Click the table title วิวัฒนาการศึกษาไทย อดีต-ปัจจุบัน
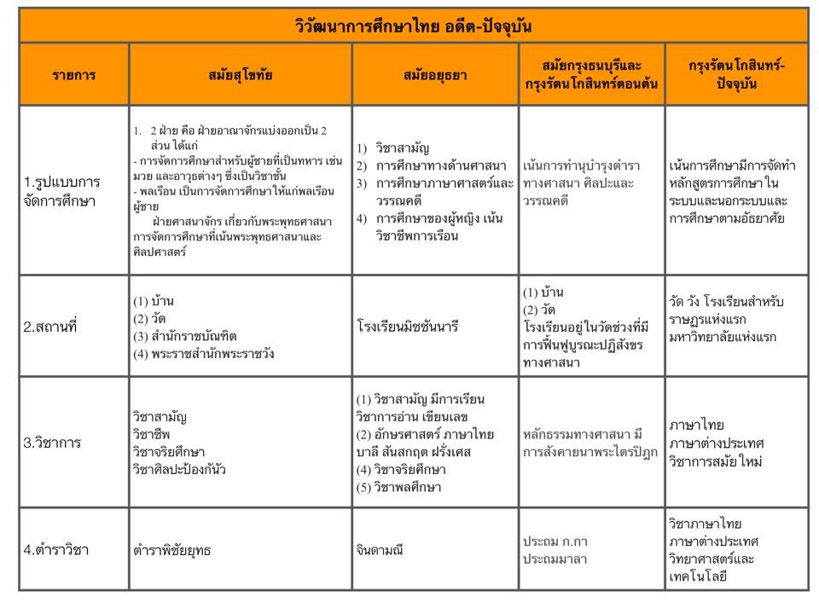tap(413, 26)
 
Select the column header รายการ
tap(73, 74)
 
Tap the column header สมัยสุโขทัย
tap(240, 74)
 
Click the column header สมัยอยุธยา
tap(435, 74)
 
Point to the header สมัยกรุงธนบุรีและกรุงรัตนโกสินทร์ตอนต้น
tap(591, 74)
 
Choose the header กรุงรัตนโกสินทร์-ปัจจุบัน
tap(736, 74)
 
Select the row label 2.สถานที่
tap(50, 326)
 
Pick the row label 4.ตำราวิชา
tap(56, 549)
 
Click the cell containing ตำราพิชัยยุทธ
tap(171, 550)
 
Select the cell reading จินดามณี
tap(385, 550)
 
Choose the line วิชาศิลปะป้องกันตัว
tap(179, 468)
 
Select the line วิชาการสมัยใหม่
tap(716, 461)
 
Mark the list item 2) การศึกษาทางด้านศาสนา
tap(431, 165)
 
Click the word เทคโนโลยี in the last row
tap(699, 576)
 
